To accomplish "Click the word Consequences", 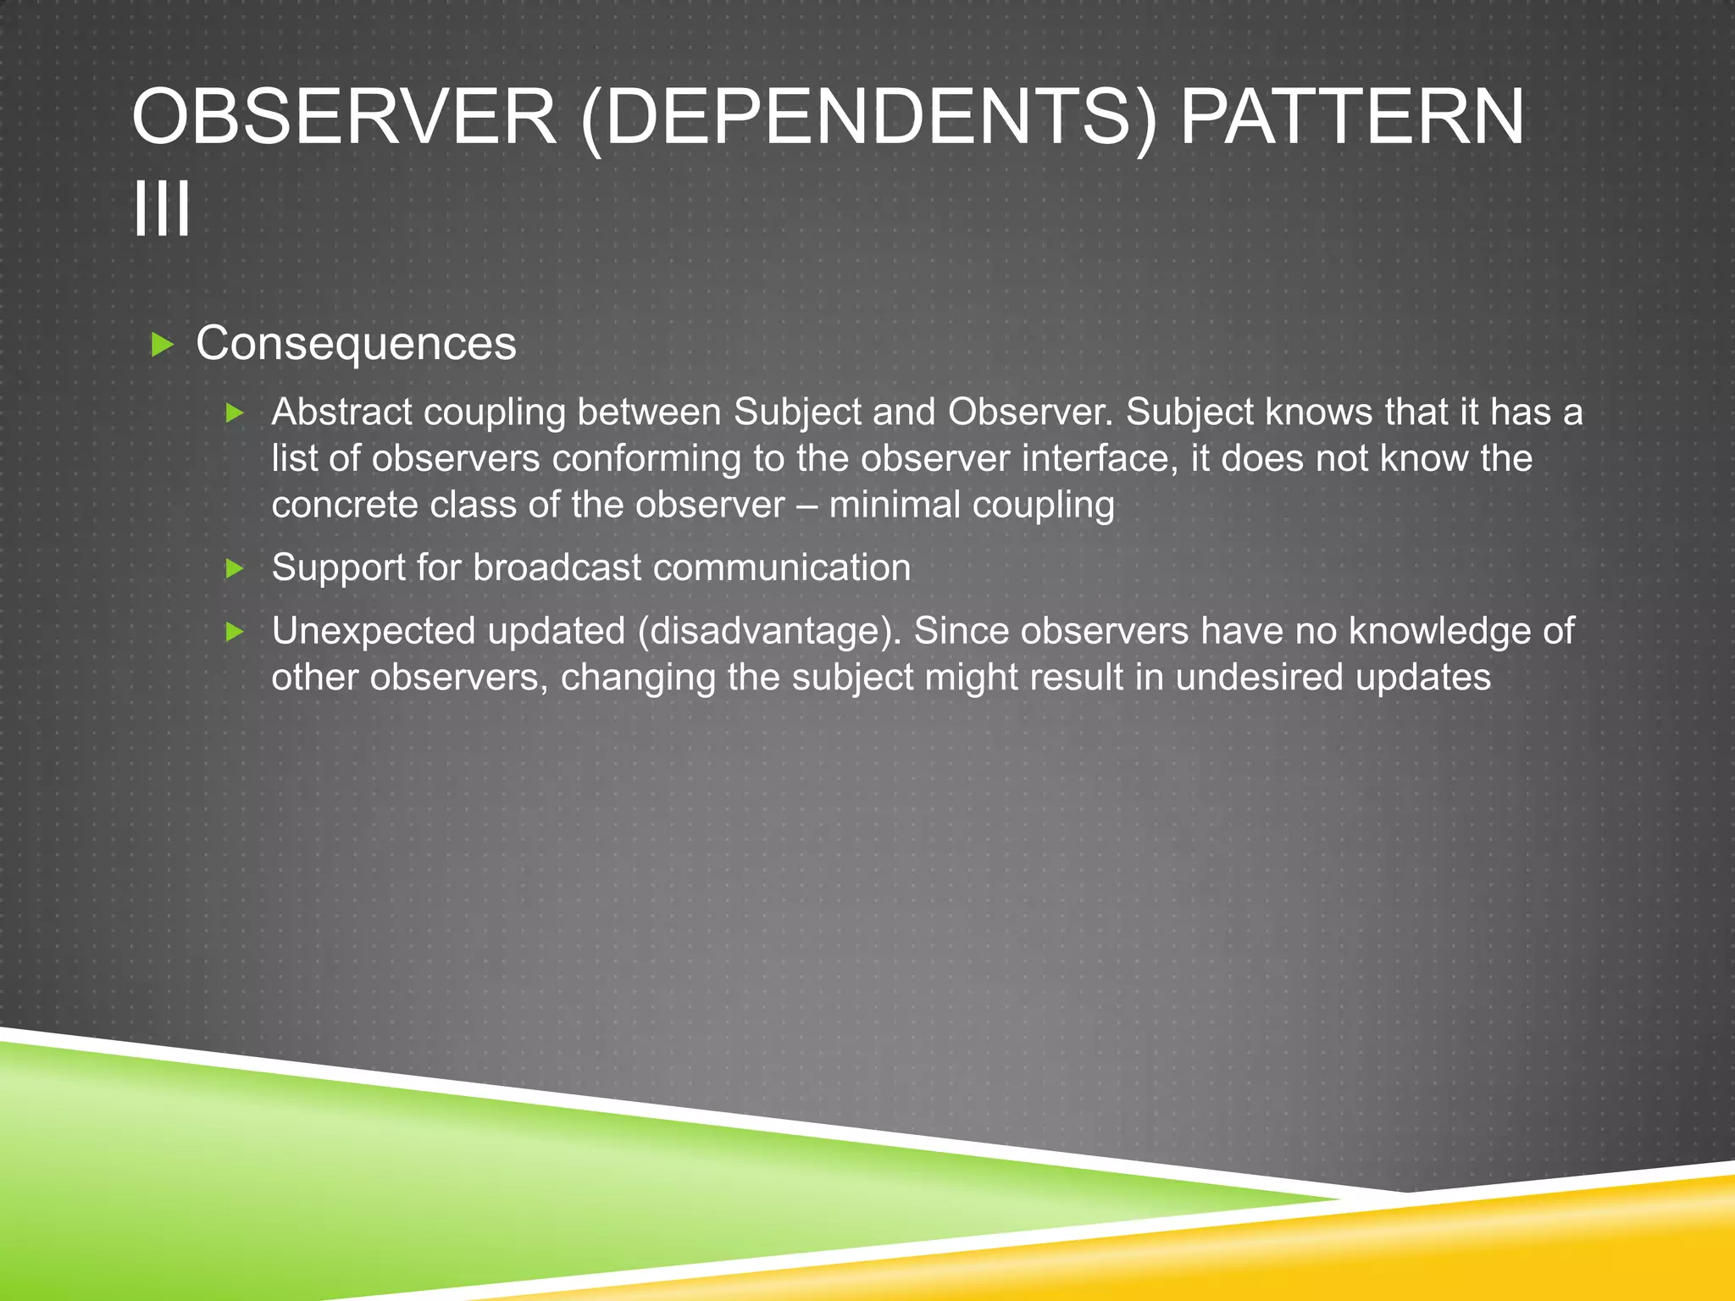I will tap(356, 344).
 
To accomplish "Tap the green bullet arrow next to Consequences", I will tap(161, 345).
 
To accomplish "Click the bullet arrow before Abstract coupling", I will tap(235, 413).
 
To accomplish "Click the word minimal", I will tap(894, 506).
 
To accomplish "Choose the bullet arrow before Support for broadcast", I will tap(235, 568).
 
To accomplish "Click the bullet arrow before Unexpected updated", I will tap(235, 632).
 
